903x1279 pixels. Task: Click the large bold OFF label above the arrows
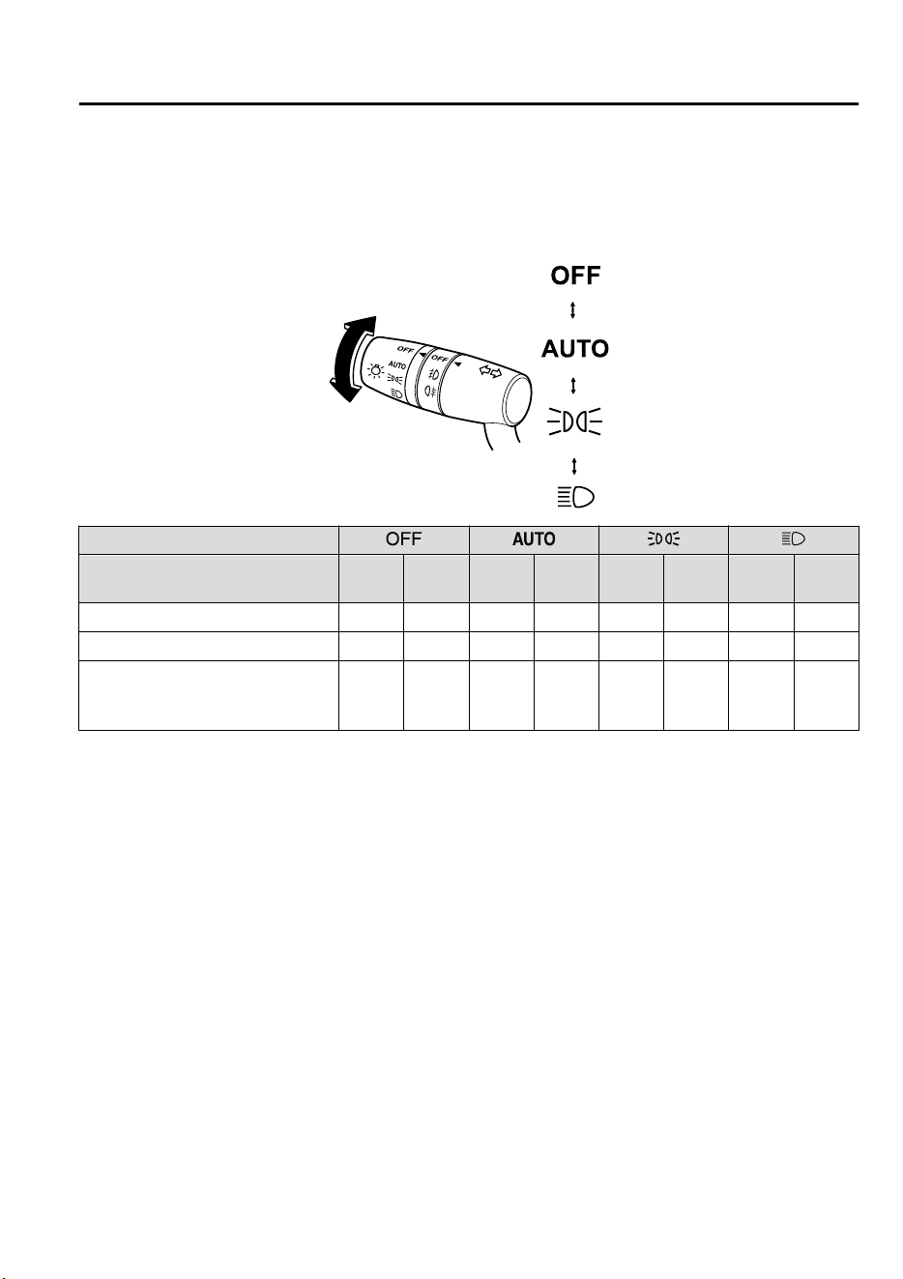[574, 276]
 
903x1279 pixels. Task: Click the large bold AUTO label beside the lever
[574, 349]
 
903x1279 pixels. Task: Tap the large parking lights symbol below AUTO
[574, 421]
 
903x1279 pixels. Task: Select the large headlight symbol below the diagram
[575, 497]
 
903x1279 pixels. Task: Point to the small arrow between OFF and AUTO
[573, 310]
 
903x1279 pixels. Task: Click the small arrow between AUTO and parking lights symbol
[573, 386]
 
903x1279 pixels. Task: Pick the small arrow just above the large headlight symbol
[574, 466]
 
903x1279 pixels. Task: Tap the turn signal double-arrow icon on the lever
[490, 372]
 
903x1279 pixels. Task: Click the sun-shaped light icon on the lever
[375, 371]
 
